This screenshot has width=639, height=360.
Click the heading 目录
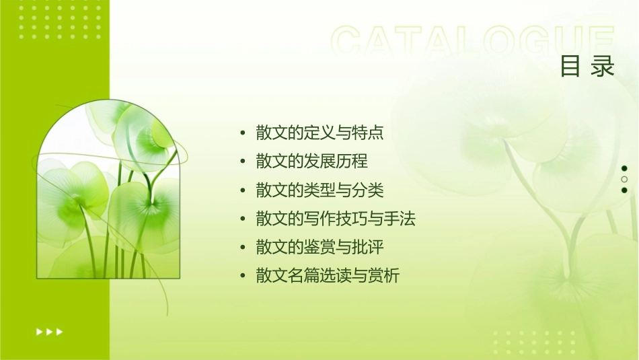click(587, 67)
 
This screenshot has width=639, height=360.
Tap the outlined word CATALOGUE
click(473, 42)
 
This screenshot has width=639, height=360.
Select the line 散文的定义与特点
click(319, 133)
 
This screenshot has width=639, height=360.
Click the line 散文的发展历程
click(311, 161)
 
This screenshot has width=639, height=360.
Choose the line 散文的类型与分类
click(319, 190)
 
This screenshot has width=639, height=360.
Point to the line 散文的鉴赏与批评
click(319, 247)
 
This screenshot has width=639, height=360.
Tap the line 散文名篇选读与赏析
click(328, 276)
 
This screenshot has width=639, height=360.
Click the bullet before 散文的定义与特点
click(243, 133)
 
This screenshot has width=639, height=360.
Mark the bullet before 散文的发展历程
click(243, 161)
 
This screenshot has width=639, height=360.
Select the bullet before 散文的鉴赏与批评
click(243, 248)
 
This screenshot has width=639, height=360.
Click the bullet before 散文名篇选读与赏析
click(243, 276)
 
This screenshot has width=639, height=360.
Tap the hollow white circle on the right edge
click(624, 179)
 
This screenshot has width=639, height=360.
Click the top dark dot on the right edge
click(624, 168)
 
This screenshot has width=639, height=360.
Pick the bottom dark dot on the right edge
click(624, 190)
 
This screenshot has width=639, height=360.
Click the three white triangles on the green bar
click(49, 331)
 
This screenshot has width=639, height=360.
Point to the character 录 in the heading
click(603, 67)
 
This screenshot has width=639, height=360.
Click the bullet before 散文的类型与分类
click(243, 190)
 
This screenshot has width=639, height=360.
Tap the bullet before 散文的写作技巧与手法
click(243, 219)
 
